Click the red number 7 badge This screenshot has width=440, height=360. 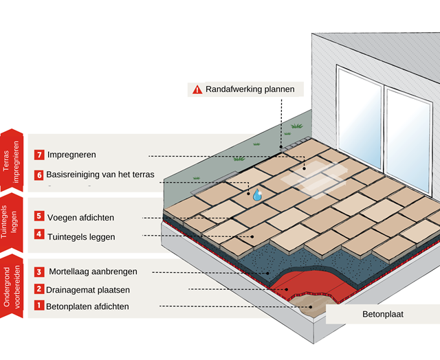(x=39, y=155)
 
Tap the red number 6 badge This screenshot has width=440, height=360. (x=39, y=175)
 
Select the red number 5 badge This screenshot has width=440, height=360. (x=39, y=217)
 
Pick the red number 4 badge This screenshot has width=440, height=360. (x=39, y=236)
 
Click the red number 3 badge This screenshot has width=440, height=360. (x=39, y=271)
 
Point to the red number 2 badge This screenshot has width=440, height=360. (x=39, y=289)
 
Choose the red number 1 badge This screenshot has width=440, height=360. (x=39, y=306)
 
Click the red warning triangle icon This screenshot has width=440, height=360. (x=197, y=89)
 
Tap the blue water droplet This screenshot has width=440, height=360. (x=257, y=194)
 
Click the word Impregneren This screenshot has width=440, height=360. (x=71, y=155)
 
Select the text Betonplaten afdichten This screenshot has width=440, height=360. (x=87, y=306)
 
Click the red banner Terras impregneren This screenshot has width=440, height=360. (x=12, y=159)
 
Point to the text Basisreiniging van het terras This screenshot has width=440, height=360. (x=100, y=175)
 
